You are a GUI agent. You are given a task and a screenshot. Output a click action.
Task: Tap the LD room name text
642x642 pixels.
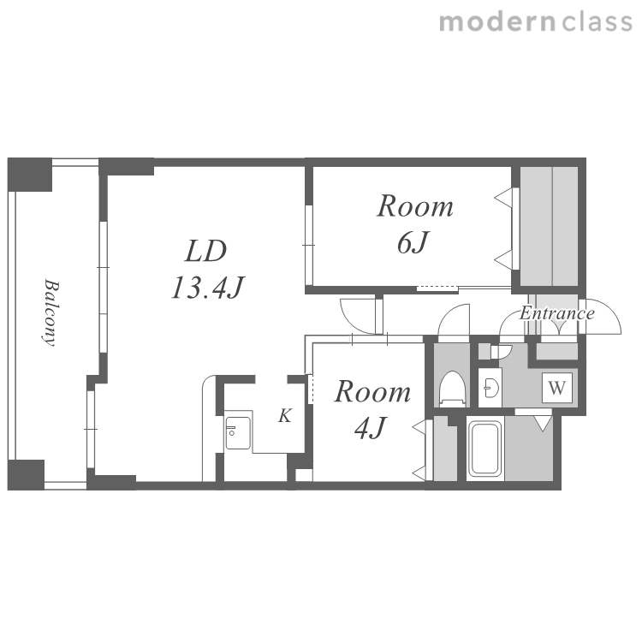pyautogui.click(x=206, y=251)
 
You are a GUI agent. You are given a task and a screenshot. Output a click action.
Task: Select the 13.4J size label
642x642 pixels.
pyautogui.click(x=208, y=288)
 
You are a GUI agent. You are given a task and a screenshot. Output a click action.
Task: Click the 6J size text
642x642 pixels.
pyautogui.click(x=413, y=242)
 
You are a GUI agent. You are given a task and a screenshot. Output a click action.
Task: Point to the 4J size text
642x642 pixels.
pyautogui.click(x=371, y=428)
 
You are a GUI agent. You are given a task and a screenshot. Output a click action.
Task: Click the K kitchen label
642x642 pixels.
pyautogui.click(x=285, y=415)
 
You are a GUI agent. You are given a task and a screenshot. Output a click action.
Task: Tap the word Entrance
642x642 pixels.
pyautogui.click(x=557, y=313)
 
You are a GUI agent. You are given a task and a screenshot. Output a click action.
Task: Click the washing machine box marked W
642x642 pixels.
pyautogui.click(x=557, y=387)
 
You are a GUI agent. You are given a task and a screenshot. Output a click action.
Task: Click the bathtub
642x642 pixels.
pyautogui.click(x=485, y=449)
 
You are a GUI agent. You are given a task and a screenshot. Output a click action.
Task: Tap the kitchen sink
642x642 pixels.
pyautogui.click(x=238, y=432)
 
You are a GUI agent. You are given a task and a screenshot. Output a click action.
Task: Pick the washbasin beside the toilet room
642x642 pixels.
pyautogui.click(x=490, y=387)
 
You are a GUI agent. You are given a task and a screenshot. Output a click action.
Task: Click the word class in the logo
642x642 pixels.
pyautogui.click(x=597, y=22)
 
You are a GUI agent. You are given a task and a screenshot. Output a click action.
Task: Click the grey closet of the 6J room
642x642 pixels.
pyautogui.click(x=549, y=226)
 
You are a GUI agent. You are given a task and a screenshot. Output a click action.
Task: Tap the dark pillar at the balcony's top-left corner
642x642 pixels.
pyautogui.click(x=30, y=175)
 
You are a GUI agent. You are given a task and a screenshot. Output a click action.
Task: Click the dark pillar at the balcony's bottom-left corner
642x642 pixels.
pyautogui.click(x=26, y=474)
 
